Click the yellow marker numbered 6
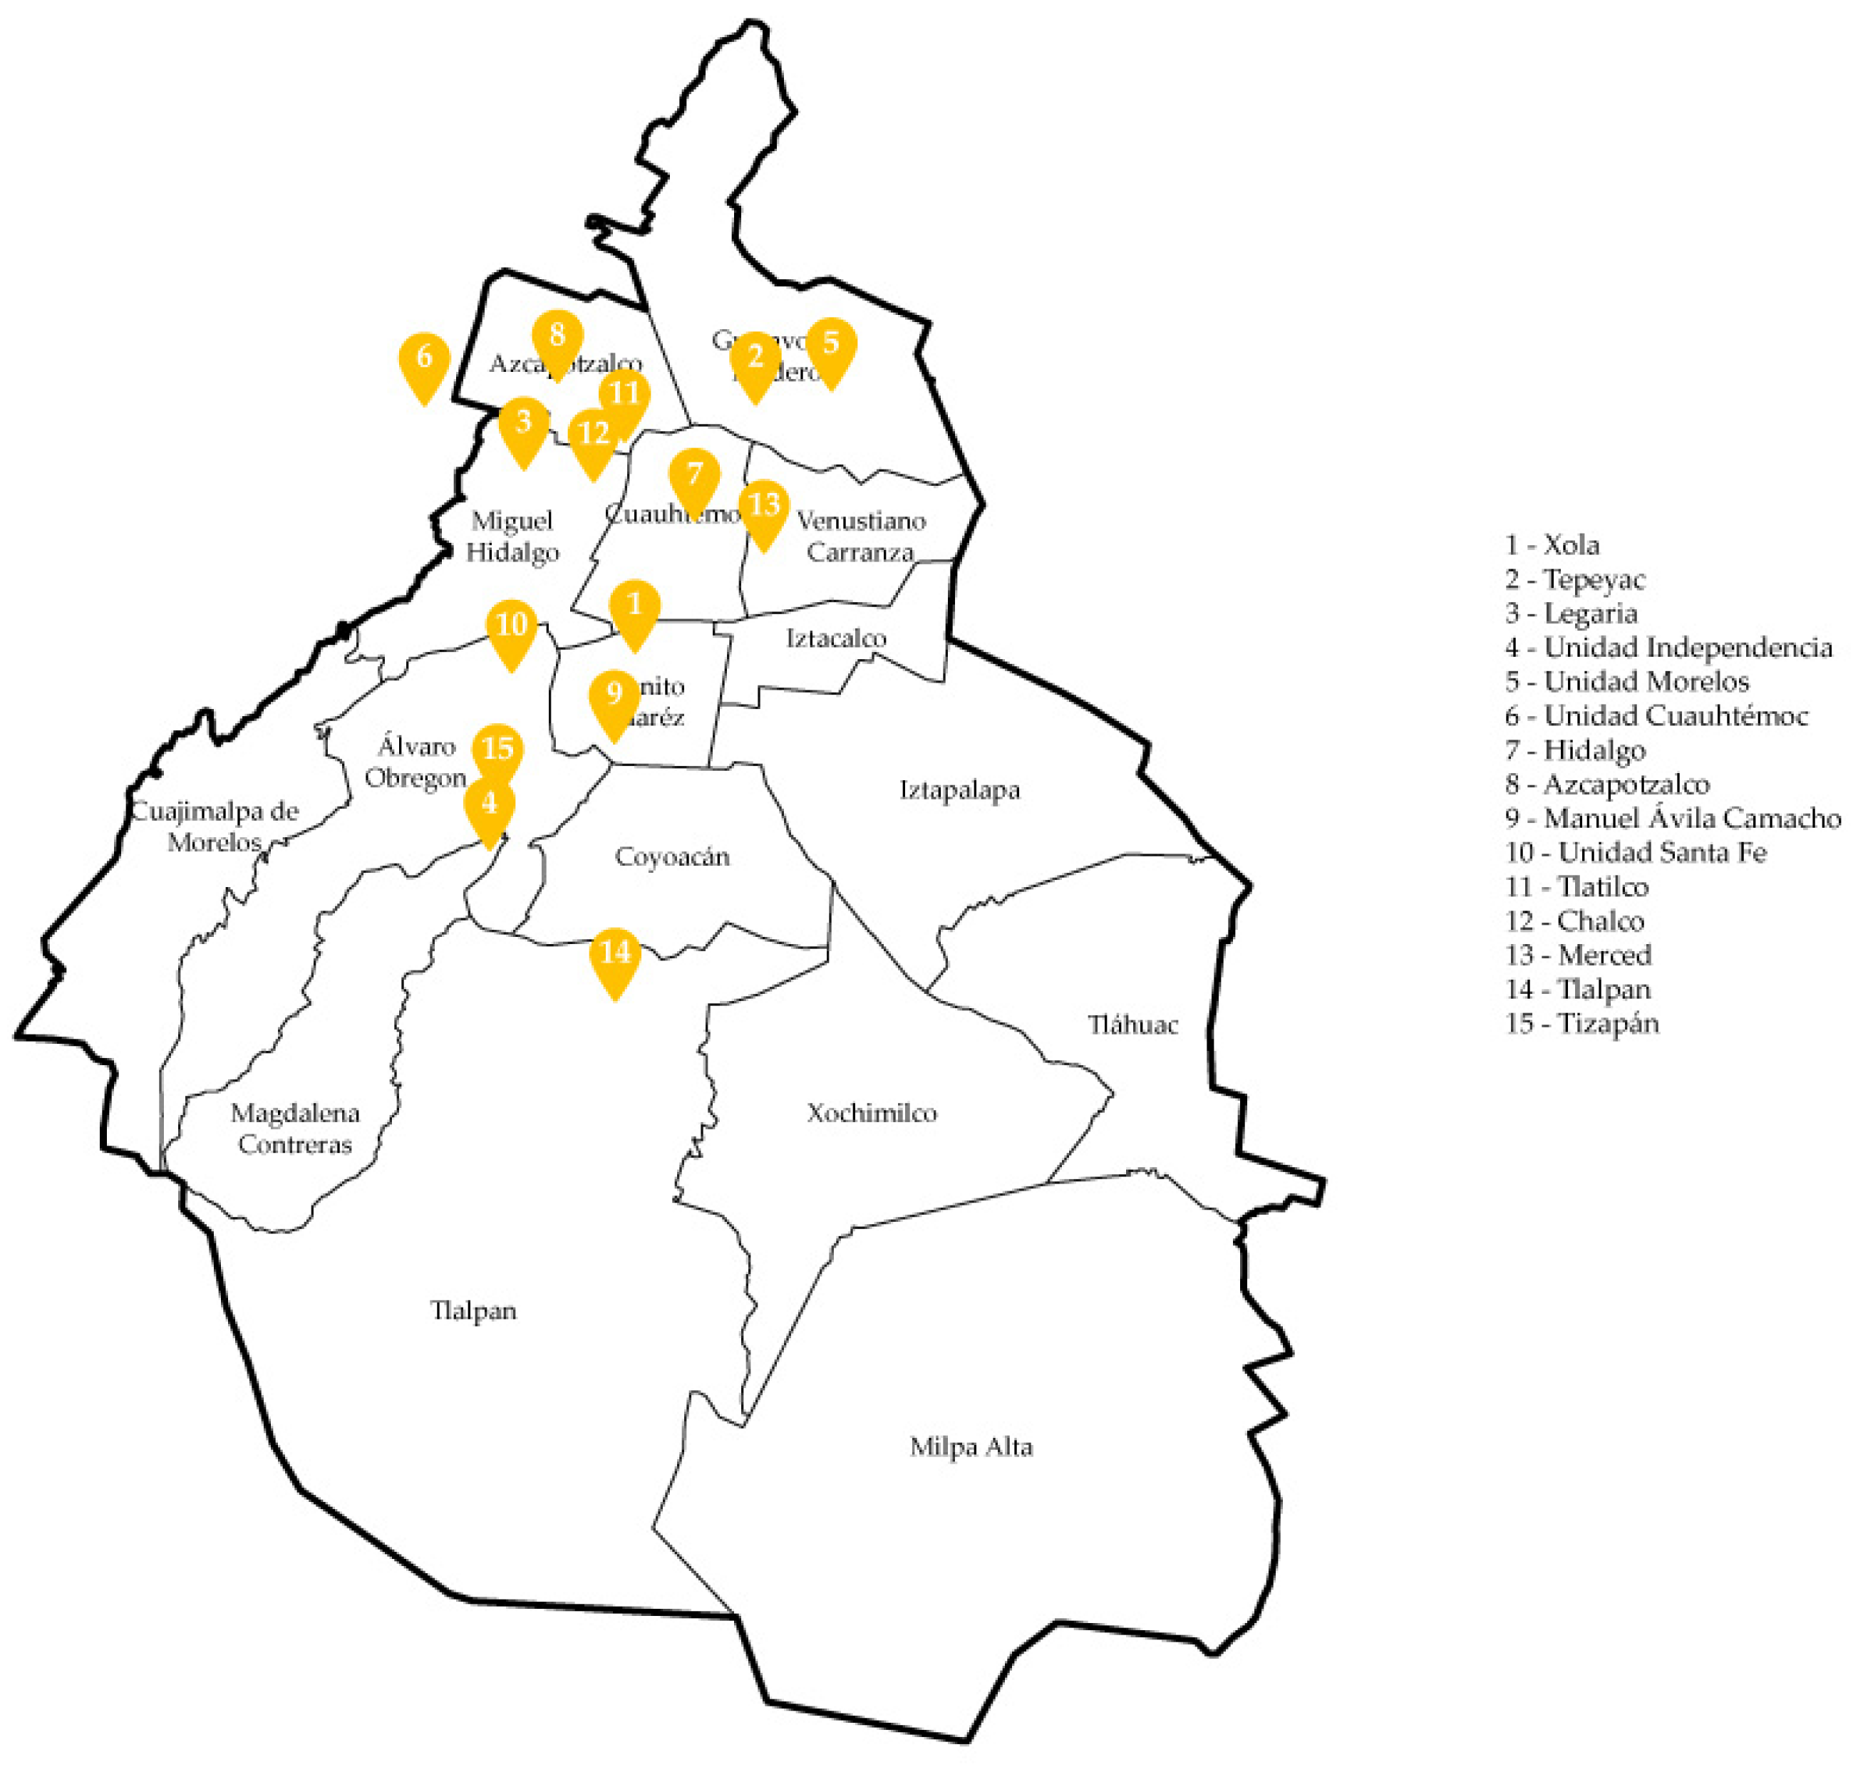(x=424, y=361)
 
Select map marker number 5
(x=831, y=346)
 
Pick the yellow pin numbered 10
(x=512, y=627)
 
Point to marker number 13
(x=764, y=509)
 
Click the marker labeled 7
(x=694, y=477)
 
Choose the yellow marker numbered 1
(x=634, y=608)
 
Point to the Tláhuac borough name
(x=1132, y=1024)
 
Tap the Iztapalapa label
(x=959, y=789)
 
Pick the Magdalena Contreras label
(x=295, y=1129)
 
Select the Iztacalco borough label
(x=835, y=638)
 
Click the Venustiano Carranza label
(x=860, y=535)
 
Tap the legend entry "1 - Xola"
(x=1552, y=544)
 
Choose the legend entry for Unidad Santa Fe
(x=1636, y=852)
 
